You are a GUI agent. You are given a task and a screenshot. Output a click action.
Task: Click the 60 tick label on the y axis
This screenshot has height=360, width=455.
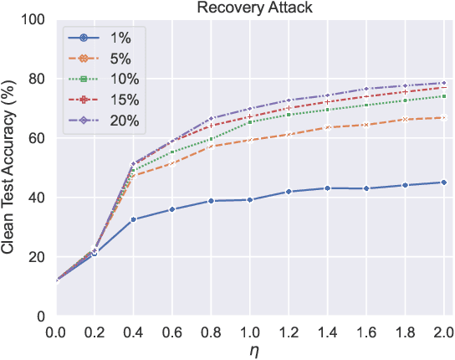pyautogui.click(x=38, y=137)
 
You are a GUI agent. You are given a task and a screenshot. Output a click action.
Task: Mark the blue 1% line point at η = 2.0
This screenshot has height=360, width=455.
pyautogui.click(x=443, y=182)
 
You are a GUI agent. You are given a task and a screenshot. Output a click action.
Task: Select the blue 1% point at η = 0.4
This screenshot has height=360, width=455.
pyautogui.click(x=135, y=219)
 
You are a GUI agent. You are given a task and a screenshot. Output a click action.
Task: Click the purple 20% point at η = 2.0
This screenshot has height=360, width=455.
pyautogui.click(x=443, y=83)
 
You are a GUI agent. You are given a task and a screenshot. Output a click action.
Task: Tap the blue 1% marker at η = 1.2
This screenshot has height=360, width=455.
pyautogui.click(x=289, y=192)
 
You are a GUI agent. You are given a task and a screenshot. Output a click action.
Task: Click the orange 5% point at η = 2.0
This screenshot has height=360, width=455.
pyautogui.click(x=443, y=117)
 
